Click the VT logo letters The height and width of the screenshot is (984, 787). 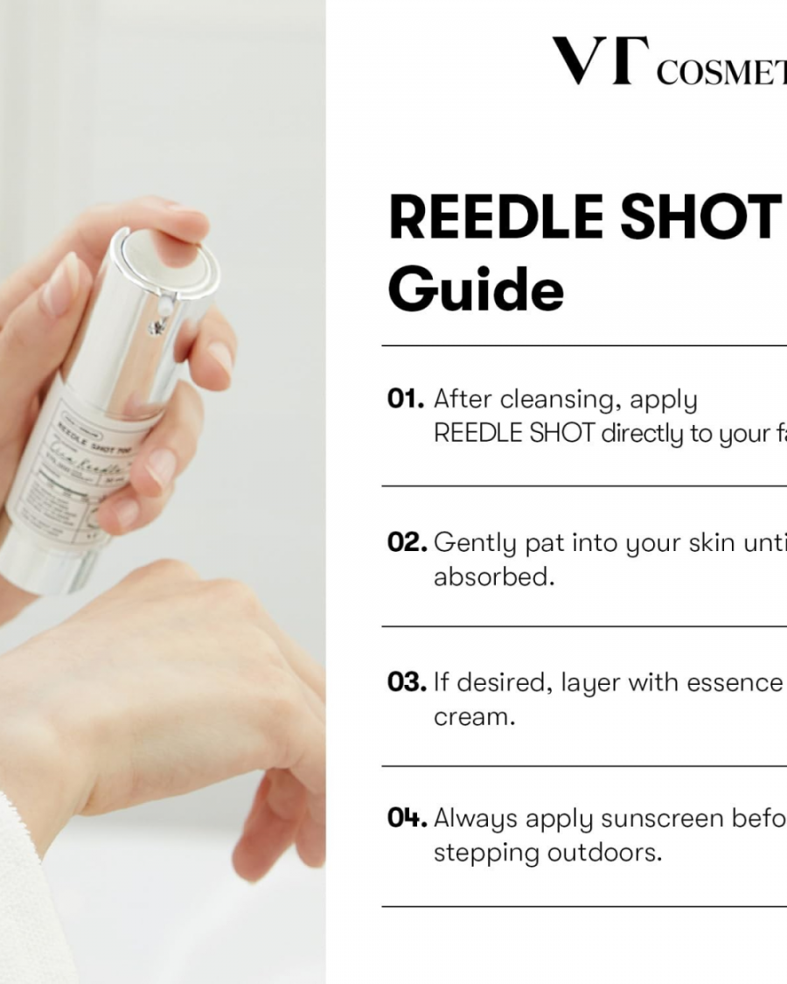594,62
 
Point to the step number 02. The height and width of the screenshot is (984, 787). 407,543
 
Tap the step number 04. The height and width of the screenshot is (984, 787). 407,819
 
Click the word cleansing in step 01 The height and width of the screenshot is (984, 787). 560,401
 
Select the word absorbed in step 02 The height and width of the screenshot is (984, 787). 493,577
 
